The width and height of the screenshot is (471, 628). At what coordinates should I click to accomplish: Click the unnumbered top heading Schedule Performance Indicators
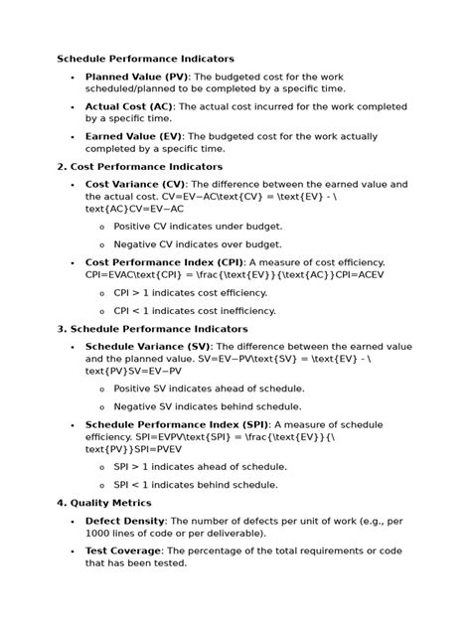[x=145, y=59]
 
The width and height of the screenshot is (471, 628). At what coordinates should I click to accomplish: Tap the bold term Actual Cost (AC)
[x=129, y=105]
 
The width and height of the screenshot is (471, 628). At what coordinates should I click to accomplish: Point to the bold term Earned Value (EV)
[x=135, y=135]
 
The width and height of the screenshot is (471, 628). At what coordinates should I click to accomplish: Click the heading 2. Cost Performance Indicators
[x=139, y=166]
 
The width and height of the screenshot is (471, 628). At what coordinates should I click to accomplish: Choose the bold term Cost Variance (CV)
[x=136, y=184]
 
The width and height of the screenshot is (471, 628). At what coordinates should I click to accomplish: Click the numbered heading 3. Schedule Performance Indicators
[x=152, y=328]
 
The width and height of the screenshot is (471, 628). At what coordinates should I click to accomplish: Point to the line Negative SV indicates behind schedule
[x=209, y=405]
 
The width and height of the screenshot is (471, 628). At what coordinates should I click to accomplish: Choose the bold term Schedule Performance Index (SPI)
[x=175, y=423]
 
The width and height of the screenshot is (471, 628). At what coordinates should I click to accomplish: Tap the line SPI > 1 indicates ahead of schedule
[x=200, y=466]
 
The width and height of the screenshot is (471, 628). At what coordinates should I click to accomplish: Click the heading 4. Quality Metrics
[x=103, y=503]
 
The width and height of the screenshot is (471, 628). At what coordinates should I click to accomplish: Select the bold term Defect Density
[x=124, y=521]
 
